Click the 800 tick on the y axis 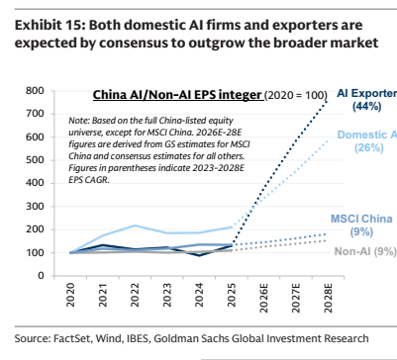coord(35,91)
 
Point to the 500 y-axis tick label coord(35,160)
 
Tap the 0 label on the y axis coord(41,275)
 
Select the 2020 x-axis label coord(70,295)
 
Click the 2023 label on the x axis coord(167,295)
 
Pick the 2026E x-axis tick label coord(263,298)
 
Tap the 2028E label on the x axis coord(328,298)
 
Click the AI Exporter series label coord(366,93)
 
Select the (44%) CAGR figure coord(366,106)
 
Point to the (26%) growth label coord(369,147)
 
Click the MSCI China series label coord(361,219)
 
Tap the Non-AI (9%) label coord(365,251)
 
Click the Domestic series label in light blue coord(367,135)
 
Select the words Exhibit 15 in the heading coord(49,25)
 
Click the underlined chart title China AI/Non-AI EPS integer coord(177,95)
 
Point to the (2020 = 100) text coord(296,95)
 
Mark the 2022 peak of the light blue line coord(135,225)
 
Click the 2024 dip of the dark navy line coord(199,255)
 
